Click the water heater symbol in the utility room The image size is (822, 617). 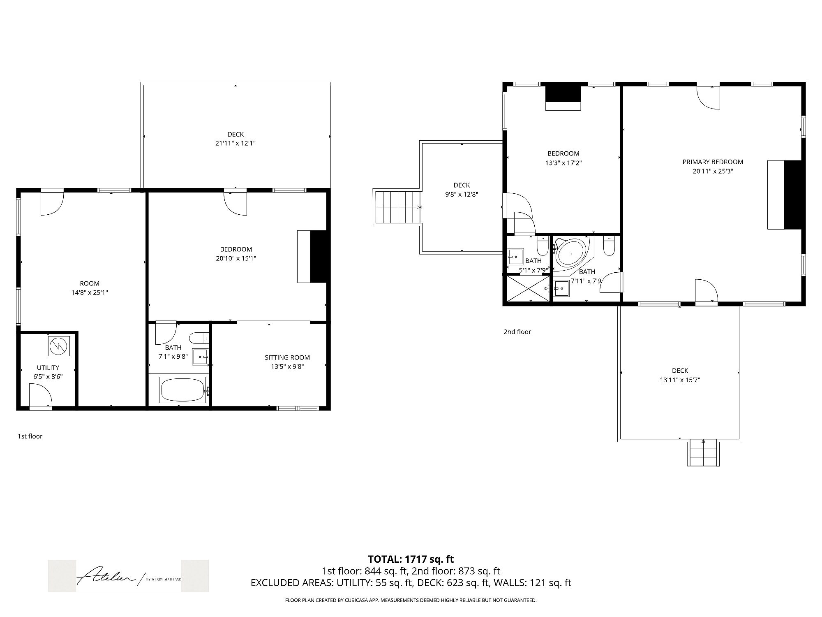point(59,346)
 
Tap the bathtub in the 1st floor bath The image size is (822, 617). point(183,390)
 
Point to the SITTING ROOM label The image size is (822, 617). point(287,357)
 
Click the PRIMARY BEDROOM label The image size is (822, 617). point(713,162)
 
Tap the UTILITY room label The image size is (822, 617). point(48,368)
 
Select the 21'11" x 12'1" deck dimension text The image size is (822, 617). point(236,143)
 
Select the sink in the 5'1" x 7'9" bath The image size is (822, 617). point(515,256)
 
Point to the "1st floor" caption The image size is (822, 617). point(30,436)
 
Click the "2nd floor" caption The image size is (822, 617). point(517,332)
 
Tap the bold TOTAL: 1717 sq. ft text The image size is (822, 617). point(411,559)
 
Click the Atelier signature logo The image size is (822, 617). point(128,576)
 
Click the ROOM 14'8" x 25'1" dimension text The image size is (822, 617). point(90,292)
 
